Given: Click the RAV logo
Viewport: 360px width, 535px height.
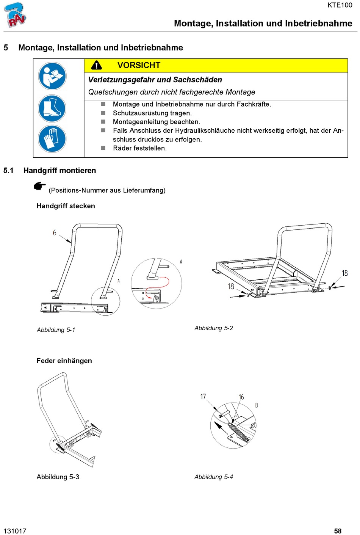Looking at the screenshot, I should (15, 15).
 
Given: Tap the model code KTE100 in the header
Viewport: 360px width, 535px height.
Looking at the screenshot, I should (340, 5).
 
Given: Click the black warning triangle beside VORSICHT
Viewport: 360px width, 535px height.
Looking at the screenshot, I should (97, 65).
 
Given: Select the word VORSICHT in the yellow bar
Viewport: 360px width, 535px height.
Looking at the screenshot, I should (139, 65).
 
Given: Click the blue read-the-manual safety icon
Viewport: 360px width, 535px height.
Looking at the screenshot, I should (52, 76).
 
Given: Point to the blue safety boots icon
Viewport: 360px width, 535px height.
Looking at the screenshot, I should (52, 108).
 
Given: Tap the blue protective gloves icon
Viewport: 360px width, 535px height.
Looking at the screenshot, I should (52, 139).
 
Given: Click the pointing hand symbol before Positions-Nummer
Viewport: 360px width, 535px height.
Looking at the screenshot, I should (40, 186).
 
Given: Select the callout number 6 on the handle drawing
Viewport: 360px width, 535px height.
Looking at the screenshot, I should (55, 232).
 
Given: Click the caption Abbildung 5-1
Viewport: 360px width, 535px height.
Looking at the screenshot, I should (56, 330).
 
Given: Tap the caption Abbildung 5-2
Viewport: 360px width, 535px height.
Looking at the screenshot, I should (214, 328).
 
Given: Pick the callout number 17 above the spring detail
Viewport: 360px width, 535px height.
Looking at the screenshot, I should (203, 397).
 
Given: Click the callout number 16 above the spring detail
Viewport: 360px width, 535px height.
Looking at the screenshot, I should (241, 397).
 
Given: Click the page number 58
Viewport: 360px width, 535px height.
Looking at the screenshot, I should (338, 531).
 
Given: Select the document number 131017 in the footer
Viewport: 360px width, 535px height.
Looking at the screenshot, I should (15, 531).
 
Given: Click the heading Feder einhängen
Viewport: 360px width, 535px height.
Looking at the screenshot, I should (64, 361).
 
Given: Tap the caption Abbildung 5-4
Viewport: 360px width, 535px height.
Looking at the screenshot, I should (214, 477).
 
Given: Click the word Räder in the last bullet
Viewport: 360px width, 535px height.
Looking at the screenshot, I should (122, 148).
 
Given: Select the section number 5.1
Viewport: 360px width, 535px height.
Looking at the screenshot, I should (8, 171).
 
